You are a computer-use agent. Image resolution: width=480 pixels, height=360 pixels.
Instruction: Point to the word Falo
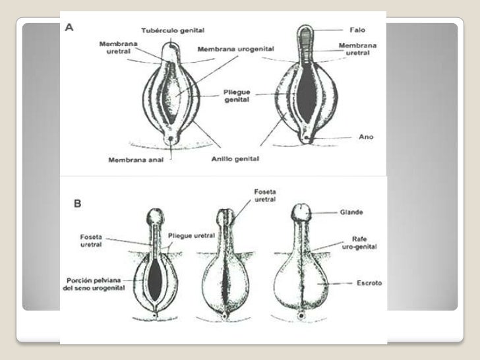[x=356, y=30]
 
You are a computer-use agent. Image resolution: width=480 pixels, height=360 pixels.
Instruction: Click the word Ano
[x=366, y=137]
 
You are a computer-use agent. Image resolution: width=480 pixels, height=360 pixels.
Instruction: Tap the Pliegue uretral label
[x=191, y=235]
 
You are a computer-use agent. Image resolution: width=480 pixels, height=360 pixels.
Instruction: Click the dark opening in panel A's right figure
[x=305, y=92]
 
